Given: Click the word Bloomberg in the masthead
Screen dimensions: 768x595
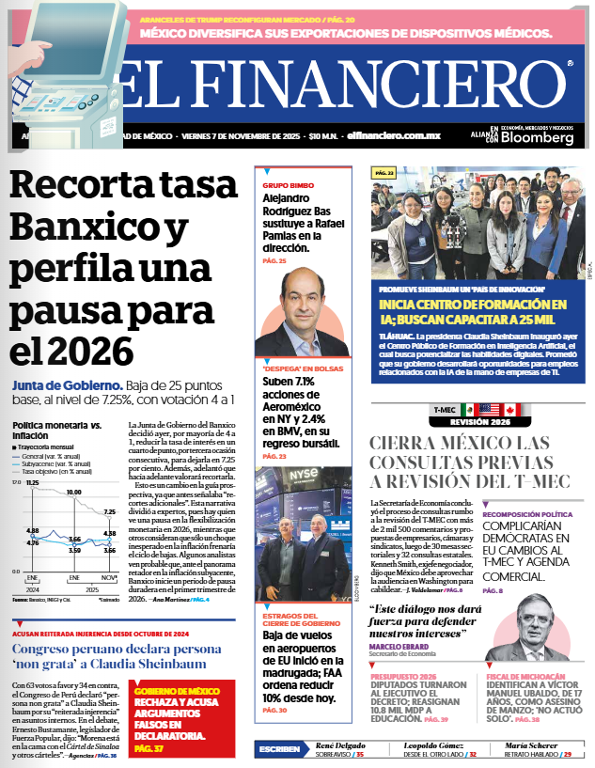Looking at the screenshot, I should tap(537, 137).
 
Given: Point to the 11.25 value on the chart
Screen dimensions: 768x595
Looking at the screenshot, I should tap(33, 482).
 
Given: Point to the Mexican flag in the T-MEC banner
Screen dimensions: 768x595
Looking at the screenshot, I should tap(488, 409).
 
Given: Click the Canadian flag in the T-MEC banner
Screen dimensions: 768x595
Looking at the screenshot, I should tap(511, 409).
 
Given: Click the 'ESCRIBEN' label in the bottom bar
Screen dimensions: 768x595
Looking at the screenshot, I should tap(279, 749).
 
